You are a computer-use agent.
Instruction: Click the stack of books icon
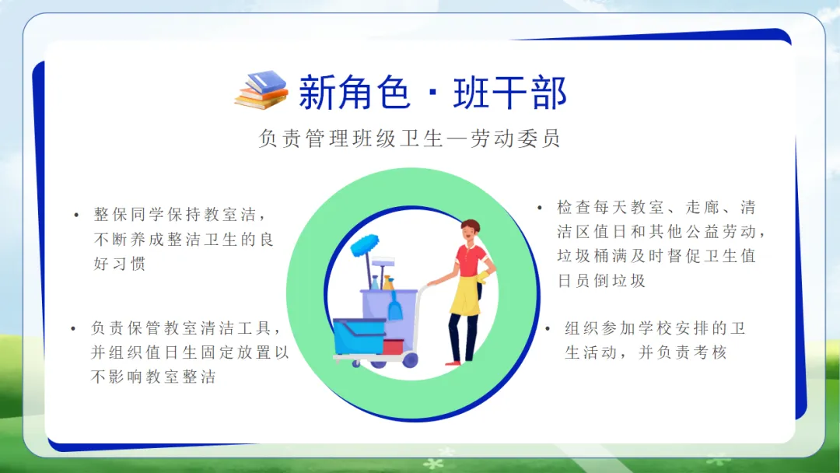[x=261, y=90]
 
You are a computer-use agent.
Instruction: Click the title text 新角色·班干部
[x=432, y=93]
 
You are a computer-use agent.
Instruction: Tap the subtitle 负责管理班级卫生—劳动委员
[x=409, y=138]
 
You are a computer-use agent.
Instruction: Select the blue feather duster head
[x=364, y=245]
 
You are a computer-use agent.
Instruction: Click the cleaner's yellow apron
[x=465, y=294]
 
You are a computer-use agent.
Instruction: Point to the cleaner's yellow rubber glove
[x=483, y=277]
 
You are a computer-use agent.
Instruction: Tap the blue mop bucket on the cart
[x=359, y=336]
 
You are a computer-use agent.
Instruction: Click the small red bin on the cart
[x=394, y=346]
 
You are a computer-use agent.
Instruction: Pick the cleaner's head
[x=470, y=229]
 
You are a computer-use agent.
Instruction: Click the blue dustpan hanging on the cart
[x=395, y=307]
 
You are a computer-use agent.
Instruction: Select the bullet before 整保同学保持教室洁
[x=76, y=215]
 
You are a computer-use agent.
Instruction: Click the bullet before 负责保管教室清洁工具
[x=73, y=328]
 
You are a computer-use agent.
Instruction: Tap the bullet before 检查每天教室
[x=540, y=207]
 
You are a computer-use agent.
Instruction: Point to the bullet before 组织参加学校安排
[x=548, y=328]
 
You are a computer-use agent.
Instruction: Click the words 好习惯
[x=120, y=264]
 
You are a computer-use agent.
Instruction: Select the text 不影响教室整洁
[x=154, y=377]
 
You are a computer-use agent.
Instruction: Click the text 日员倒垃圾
[x=601, y=280]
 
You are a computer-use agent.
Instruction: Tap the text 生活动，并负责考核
[x=646, y=352]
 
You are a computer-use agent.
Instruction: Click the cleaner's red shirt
[x=471, y=259]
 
